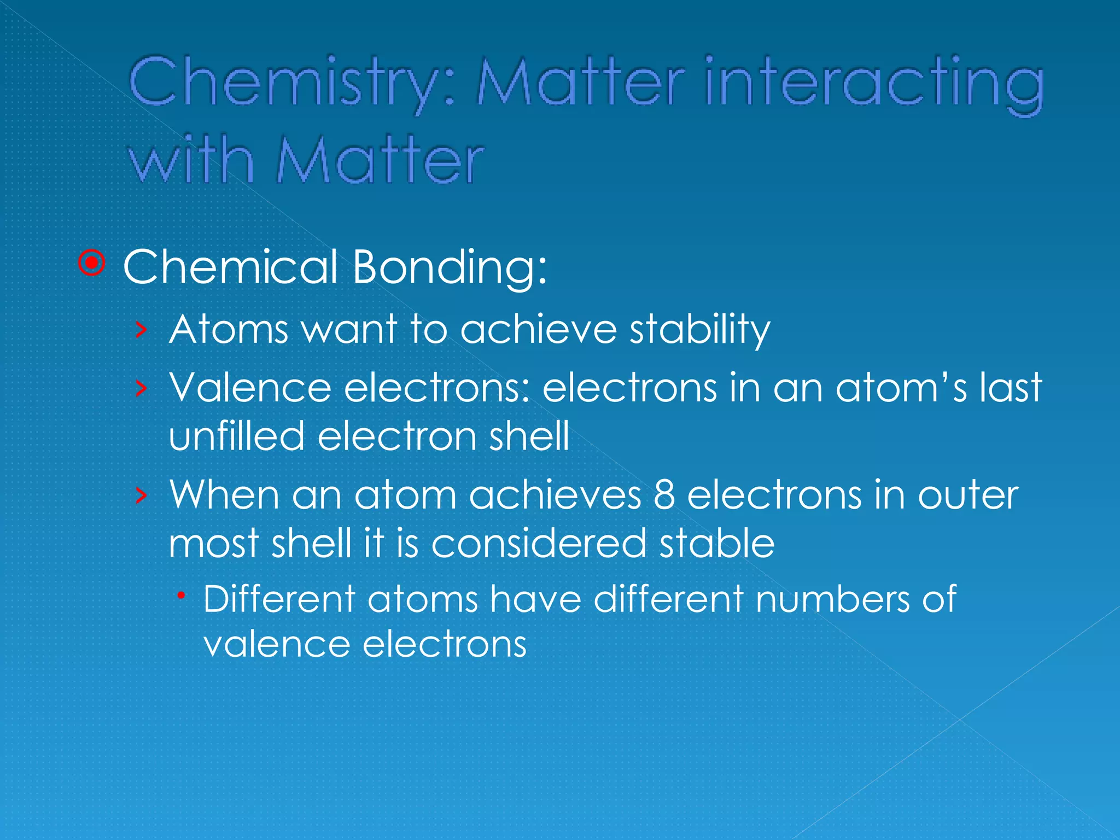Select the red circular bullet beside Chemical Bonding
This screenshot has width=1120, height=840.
tap(92, 264)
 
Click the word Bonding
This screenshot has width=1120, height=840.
tap(448, 267)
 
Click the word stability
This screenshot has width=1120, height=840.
tap(699, 330)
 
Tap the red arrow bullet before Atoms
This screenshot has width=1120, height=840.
tap(142, 330)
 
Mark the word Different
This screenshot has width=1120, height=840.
tap(279, 598)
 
